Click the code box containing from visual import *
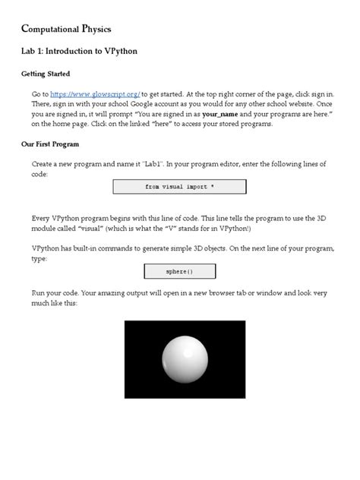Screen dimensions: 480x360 coord(179,187)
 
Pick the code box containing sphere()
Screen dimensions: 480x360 coord(179,271)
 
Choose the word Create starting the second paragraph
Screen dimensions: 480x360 coord(45,164)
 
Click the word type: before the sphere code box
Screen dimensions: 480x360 coord(40,259)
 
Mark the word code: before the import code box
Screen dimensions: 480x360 coord(41,174)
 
